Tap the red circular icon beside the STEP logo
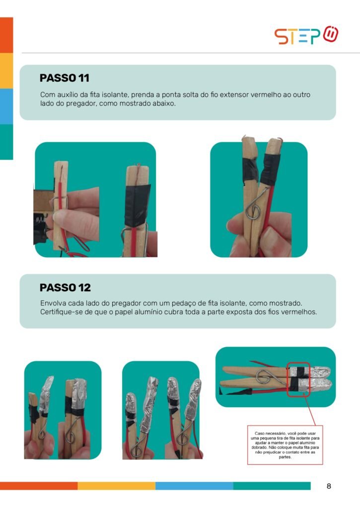(x=331, y=34)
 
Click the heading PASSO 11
(x=64, y=78)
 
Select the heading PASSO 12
(x=65, y=287)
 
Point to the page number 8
(x=329, y=486)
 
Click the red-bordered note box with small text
(x=285, y=445)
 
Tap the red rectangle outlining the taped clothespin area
(x=287, y=380)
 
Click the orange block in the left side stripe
(x=6, y=35)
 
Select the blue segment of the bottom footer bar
(x=194, y=486)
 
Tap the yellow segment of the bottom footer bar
(x=116, y=486)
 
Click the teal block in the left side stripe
(x=6, y=142)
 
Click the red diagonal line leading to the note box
(x=310, y=411)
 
